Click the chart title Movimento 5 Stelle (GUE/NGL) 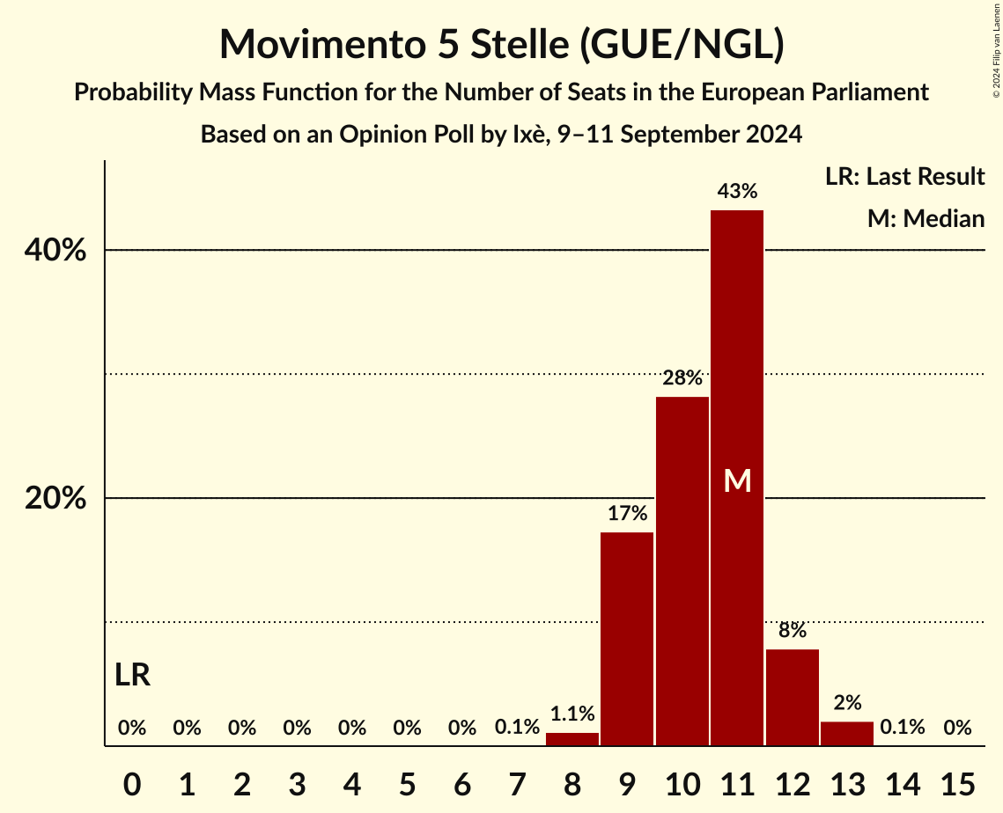[501, 45]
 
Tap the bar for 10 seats [682, 571]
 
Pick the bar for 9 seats [627, 639]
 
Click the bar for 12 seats [793, 697]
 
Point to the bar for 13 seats [847, 734]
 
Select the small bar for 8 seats [572, 739]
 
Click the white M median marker [737, 480]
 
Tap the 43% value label [737, 191]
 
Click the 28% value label [682, 378]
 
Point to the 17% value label [627, 514]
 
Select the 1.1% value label [572, 714]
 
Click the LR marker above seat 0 [132, 676]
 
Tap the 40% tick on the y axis [55, 251]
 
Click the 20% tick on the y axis [55, 499]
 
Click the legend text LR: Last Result [904, 177]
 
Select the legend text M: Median [926, 218]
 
